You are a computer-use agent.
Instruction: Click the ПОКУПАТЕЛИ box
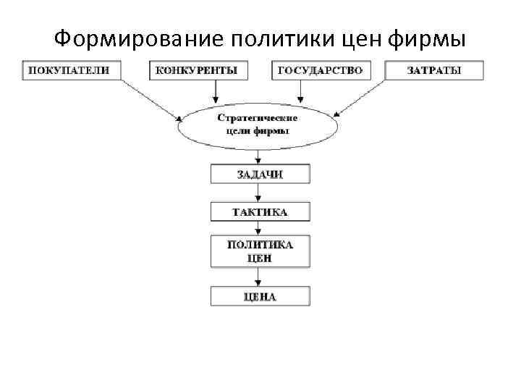point(69,70)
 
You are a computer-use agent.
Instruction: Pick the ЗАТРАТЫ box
point(433,70)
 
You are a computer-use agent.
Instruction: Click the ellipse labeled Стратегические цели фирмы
point(258,125)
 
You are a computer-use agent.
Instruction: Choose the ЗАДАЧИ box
point(260,174)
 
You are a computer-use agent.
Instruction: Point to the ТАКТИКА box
point(260,211)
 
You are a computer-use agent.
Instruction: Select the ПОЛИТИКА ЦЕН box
point(260,251)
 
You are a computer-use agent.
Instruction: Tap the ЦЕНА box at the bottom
point(260,296)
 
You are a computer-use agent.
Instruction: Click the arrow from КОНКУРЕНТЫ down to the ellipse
point(215,91)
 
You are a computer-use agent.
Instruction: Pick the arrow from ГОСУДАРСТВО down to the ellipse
point(301,91)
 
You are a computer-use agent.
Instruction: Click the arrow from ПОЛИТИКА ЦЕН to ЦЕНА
point(258,277)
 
